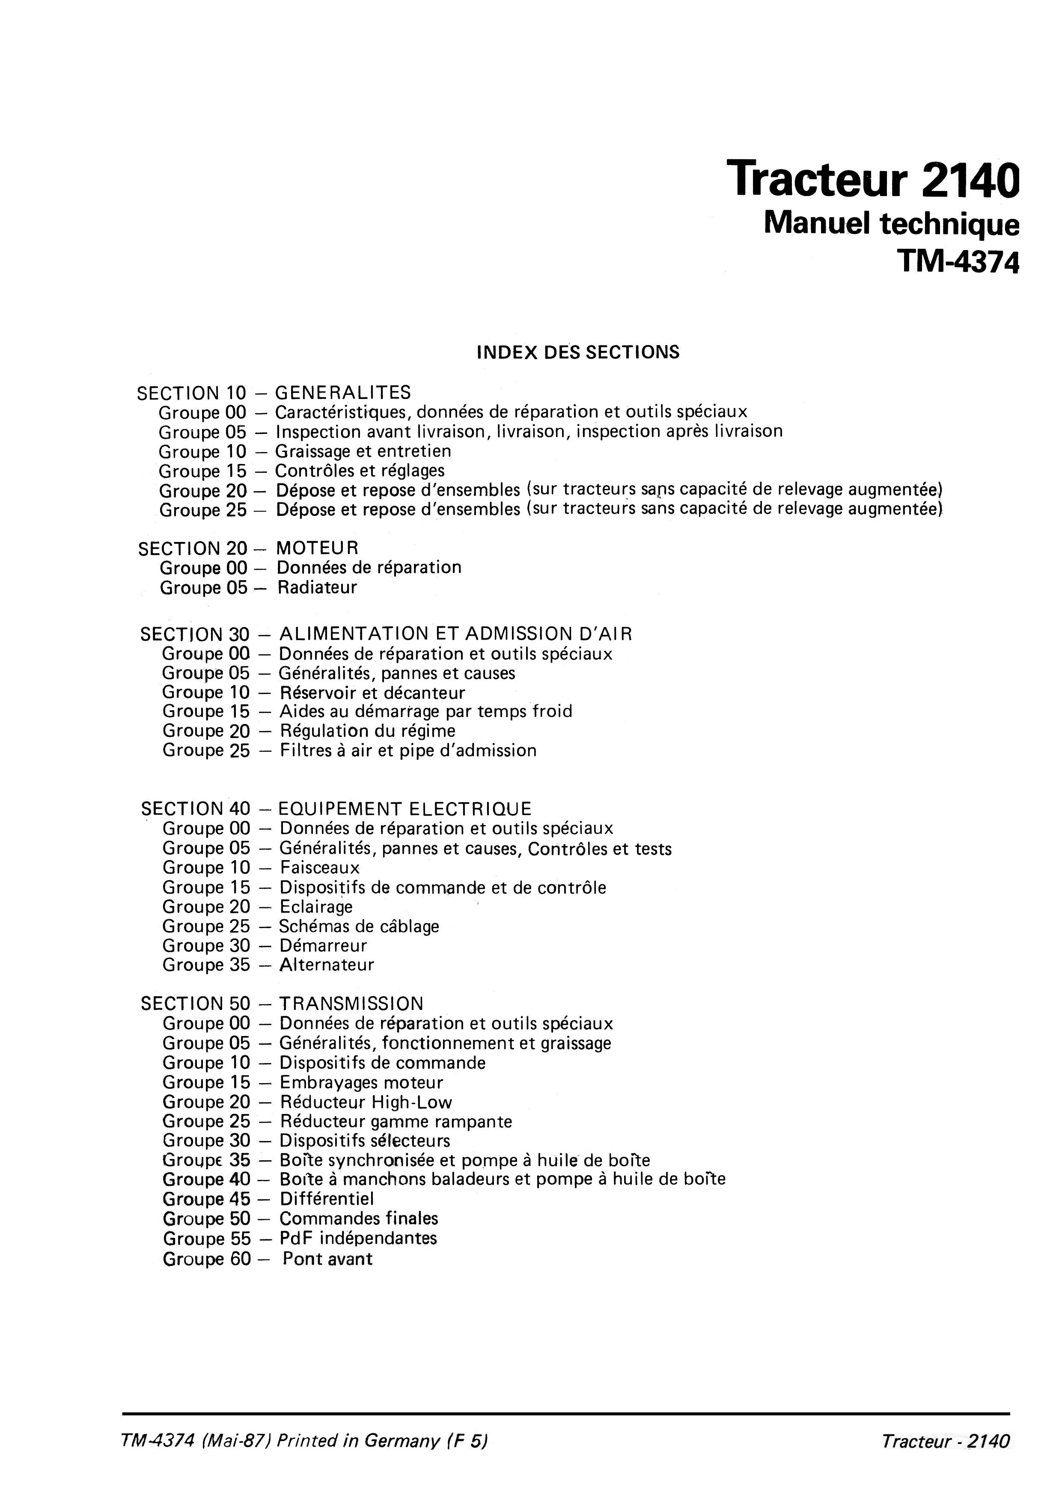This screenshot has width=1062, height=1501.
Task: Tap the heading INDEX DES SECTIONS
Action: pos(578,352)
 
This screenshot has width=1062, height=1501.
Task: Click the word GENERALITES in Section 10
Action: pos(343,393)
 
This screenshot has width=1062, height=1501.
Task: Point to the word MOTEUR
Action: pos(317,548)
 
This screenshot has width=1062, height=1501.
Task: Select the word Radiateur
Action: pos(317,587)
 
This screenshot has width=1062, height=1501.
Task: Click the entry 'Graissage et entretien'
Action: pos(363,451)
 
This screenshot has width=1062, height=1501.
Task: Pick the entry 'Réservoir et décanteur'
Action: pos(372,693)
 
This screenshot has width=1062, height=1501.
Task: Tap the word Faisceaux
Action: pos(320,868)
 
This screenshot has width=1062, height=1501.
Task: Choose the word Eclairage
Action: pos(316,907)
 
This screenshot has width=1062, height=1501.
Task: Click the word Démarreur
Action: pos(323,946)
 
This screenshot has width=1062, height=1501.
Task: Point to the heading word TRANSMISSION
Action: pos(351,1004)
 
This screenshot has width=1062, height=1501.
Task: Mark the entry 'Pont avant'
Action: pos(327,1259)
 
